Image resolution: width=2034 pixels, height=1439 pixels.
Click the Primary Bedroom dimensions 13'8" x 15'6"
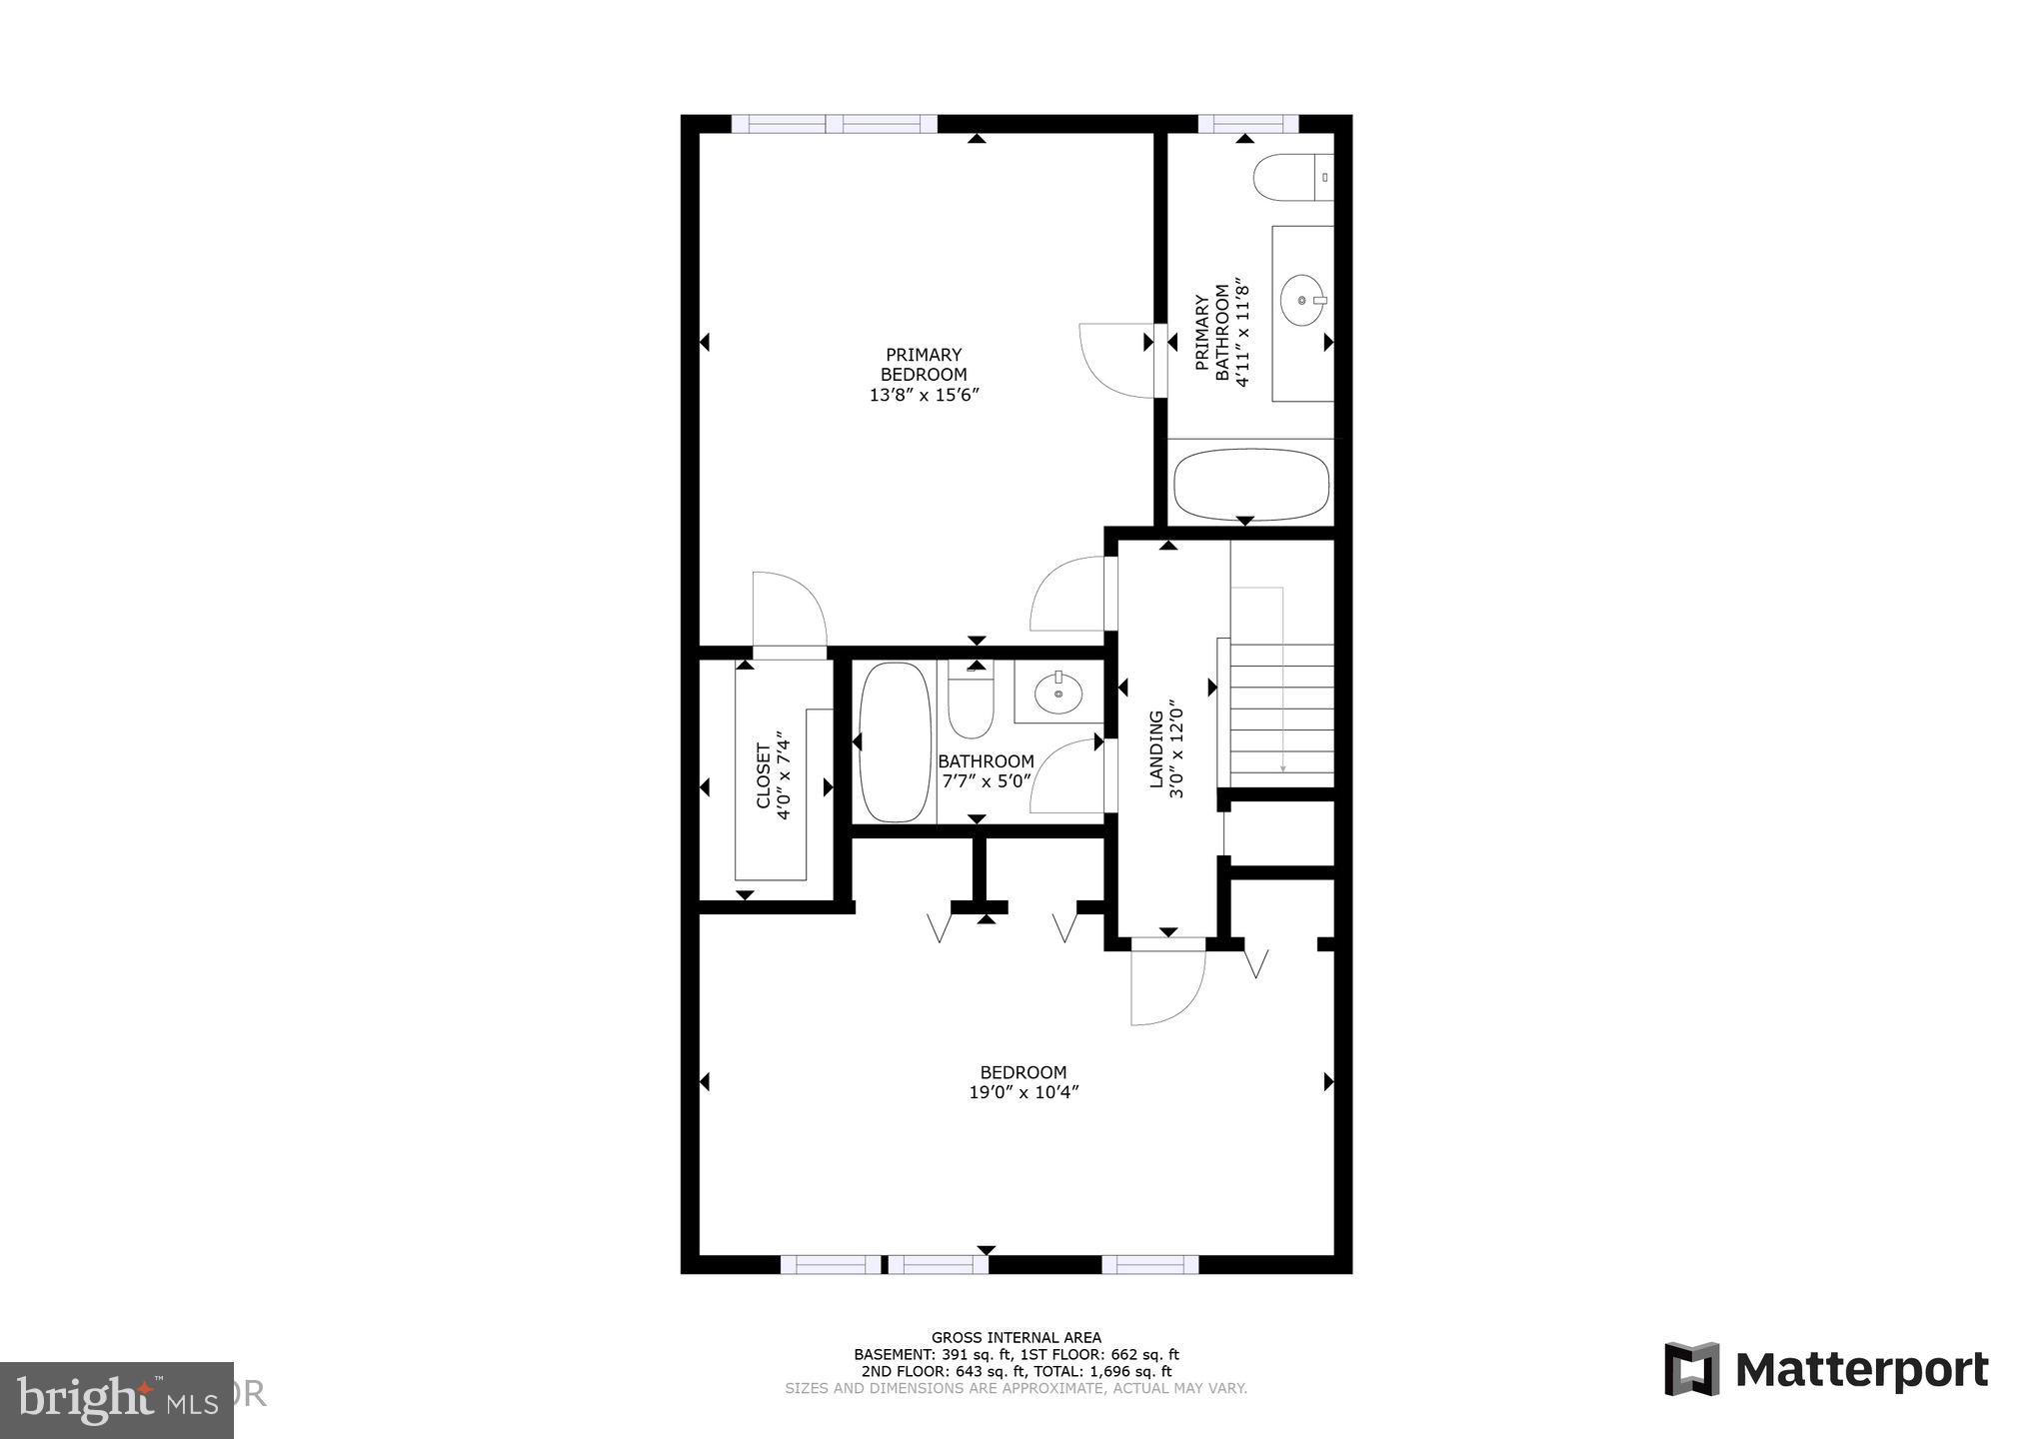[x=923, y=396]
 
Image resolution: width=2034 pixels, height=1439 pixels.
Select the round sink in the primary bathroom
[x=1303, y=299]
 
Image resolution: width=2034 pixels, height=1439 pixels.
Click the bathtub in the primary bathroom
[x=1250, y=485]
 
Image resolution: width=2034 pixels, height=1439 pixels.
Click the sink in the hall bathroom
[x=1057, y=692]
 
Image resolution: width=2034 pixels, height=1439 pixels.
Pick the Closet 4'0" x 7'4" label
[x=774, y=779]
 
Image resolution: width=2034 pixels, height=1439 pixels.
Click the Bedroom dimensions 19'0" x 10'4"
[x=1022, y=1093]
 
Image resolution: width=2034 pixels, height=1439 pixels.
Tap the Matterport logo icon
[x=1691, y=1369]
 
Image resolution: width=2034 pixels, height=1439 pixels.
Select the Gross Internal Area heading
[x=1016, y=1337]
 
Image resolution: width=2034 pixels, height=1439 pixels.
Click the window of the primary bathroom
[x=1246, y=124]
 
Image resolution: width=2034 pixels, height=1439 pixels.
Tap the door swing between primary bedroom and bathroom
[x=1115, y=362]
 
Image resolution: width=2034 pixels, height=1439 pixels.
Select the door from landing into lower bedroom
[x=1166, y=984]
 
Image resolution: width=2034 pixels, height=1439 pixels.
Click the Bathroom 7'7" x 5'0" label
[x=986, y=771]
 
